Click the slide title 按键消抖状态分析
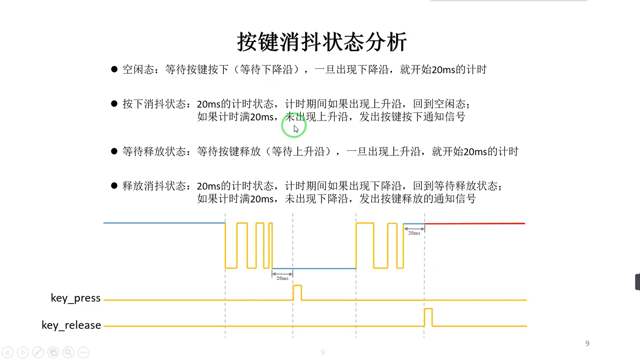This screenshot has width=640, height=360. pyautogui.click(x=322, y=42)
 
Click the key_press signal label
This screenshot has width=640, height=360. pyautogui.click(x=76, y=298)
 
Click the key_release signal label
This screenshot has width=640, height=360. pyautogui.click(x=71, y=325)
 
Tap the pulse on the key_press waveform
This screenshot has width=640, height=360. pyautogui.click(x=297, y=292)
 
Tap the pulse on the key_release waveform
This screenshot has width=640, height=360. pyautogui.click(x=428, y=317)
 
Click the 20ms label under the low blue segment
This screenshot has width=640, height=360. pyautogui.click(x=282, y=278)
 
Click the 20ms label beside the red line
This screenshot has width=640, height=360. pyautogui.click(x=414, y=233)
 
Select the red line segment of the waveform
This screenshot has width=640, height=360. pyautogui.click(x=475, y=223)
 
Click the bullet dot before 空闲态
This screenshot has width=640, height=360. pyautogui.click(x=114, y=69)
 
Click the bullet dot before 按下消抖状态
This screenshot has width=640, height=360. pyautogui.click(x=114, y=104)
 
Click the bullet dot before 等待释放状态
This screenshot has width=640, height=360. pyautogui.click(x=114, y=151)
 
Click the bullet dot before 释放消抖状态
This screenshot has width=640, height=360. pyautogui.click(x=114, y=186)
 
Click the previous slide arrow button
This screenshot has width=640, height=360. pyautogui.click(x=8, y=352)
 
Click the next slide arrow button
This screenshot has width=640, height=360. pyautogui.click(x=23, y=352)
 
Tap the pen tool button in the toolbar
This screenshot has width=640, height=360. pyautogui.click(x=38, y=352)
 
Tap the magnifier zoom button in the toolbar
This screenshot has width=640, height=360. pyautogui.click(x=68, y=352)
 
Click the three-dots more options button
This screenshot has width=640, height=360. pyautogui.click(x=83, y=352)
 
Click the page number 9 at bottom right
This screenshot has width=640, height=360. pyautogui.click(x=587, y=343)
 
